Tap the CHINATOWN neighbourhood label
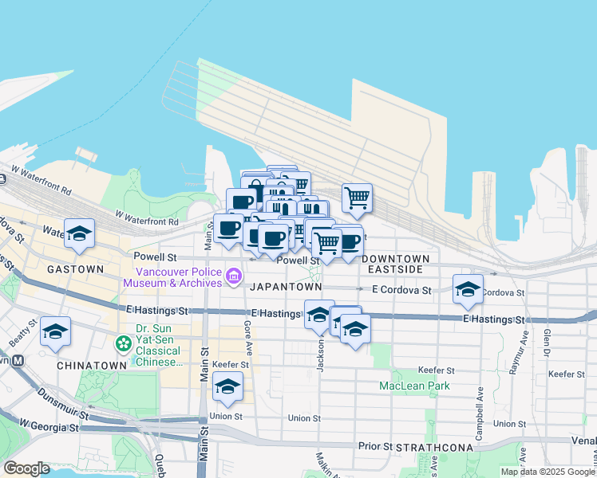tap(92, 365)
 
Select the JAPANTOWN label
tap(286, 286)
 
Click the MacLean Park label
tap(414, 386)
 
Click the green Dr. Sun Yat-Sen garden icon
tap(124, 344)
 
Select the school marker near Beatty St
tap(55, 332)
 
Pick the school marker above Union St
tap(227, 388)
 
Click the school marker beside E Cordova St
tap(468, 290)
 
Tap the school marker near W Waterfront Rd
tap(79, 234)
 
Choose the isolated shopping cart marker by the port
tap(358, 198)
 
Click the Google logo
tap(27, 468)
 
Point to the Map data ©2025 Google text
tap(548, 472)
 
